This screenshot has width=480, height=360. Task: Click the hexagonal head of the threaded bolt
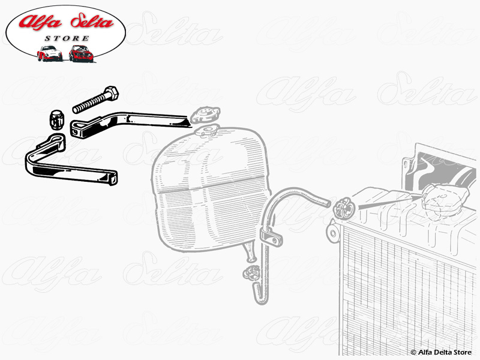111,92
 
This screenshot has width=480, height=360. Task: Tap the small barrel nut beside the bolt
56,121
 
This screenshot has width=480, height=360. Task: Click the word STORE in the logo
67,38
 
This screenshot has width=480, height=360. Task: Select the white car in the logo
49,53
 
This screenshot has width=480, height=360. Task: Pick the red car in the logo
80,53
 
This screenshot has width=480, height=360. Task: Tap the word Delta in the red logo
92,22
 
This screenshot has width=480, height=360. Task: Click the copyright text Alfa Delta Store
441,352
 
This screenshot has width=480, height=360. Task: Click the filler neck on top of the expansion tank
206,131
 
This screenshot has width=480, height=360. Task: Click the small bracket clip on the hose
271,237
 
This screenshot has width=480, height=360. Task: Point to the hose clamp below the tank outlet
251,273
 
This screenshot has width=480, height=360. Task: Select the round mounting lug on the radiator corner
333,233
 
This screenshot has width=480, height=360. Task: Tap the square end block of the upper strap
77,129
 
